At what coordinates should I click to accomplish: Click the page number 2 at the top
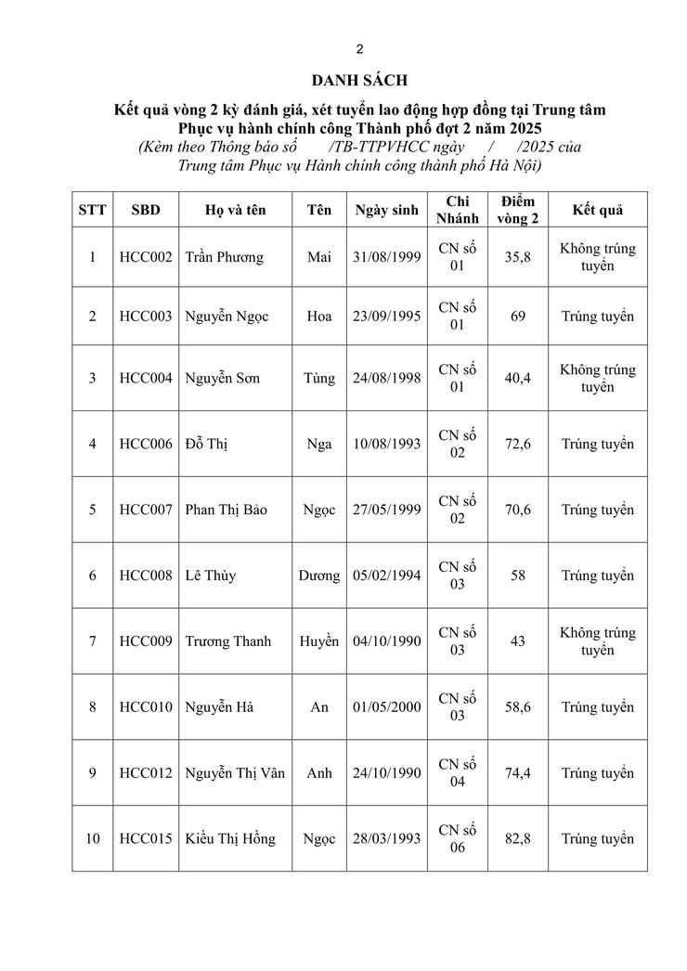(x=359, y=49)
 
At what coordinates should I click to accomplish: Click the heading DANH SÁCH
(x=359, y=82)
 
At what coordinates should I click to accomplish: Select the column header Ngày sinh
(x=386, y=210)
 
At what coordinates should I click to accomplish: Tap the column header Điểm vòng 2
(x=518, y=210)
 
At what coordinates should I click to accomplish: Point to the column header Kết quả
(x=597, y=210)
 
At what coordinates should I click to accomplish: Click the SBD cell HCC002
(x=146, y=258)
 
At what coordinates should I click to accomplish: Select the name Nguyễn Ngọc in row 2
(x=227, y=317)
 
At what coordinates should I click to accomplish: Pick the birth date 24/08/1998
(x=386, y=378)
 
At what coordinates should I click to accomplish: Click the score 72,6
(x=518, y=444)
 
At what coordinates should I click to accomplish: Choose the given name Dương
(x=318, y=576)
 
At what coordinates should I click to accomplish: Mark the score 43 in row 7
(x=518, y=641)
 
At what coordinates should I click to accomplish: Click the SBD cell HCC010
(x=146, y=707)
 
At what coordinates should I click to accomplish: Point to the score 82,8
(x=518, y=839)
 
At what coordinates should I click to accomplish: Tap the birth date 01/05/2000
(x=386, y=707)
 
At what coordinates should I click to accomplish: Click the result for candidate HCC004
(x=597, y=378)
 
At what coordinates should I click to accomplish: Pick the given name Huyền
(x=318, y=641)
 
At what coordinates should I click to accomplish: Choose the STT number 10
(x=93, y=839)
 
